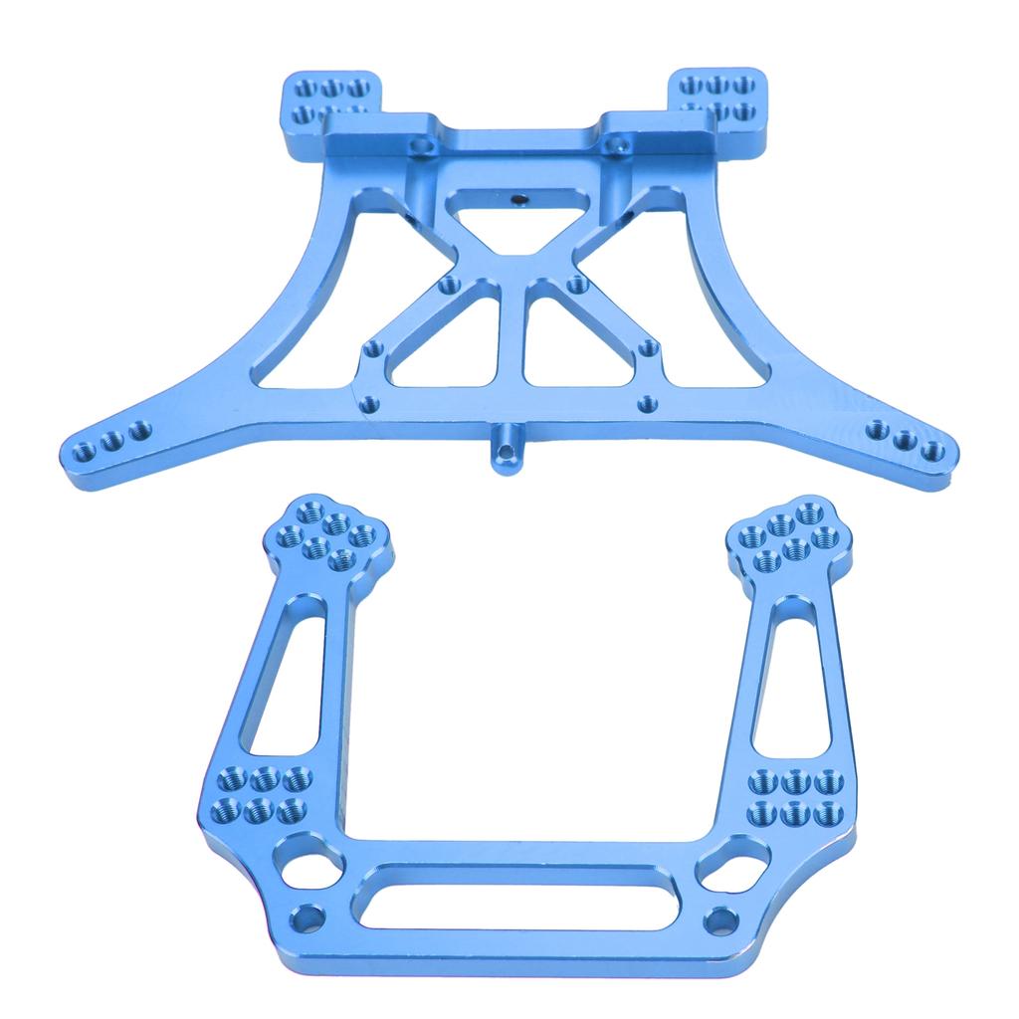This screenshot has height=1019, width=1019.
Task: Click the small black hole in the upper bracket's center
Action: tap(518, 199)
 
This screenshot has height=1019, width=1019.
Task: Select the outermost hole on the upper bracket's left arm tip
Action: tap(85, 453)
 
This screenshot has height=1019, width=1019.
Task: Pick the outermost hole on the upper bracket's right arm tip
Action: tap(932, 452)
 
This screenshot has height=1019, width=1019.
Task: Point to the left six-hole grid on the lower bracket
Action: tap(262, 794)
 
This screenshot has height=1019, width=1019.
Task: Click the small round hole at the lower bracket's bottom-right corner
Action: tap(717, 919)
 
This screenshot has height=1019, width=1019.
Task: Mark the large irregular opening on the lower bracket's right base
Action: tap(734, 864)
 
